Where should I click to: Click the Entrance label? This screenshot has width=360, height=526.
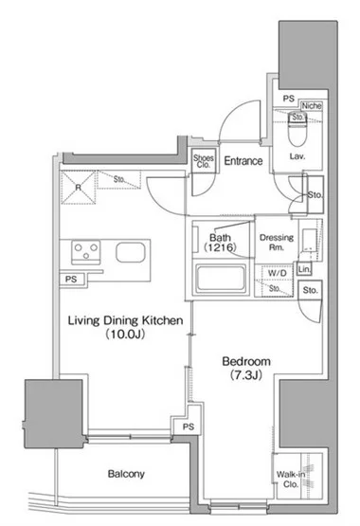[x=243, y=161]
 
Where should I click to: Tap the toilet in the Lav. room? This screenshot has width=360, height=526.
[x=297, y=129]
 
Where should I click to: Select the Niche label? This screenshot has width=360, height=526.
[x=312, y=106]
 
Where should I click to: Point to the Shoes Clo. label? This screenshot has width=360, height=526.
[x=204, y=161]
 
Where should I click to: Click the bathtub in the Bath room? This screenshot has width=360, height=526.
[x=221, y=279]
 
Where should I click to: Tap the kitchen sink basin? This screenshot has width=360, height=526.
[x=131, y=252]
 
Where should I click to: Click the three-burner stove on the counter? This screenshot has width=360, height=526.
[x=86, y=251]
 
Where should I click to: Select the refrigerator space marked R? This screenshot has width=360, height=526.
[x=78, y=188]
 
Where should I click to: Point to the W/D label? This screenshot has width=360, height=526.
[x=278, y=273]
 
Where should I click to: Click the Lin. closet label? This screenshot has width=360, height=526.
[x=304, y=269]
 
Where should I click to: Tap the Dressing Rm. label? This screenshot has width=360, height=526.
[x=277, y=243]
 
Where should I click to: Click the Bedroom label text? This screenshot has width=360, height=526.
[x=246, y=362]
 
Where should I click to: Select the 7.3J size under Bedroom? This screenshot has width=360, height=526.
[x=246, y=375]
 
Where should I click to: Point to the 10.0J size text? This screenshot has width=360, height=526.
[x=125, y=335]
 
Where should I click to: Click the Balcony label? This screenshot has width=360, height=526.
[x=126, y=474]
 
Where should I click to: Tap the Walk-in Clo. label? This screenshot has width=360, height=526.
[x=291, y=480]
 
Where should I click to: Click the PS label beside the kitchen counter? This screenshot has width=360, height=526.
[x=71, y=279]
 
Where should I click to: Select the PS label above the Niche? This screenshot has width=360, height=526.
[x=288, y=99]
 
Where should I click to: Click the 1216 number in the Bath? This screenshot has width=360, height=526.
[x=220, y=247]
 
